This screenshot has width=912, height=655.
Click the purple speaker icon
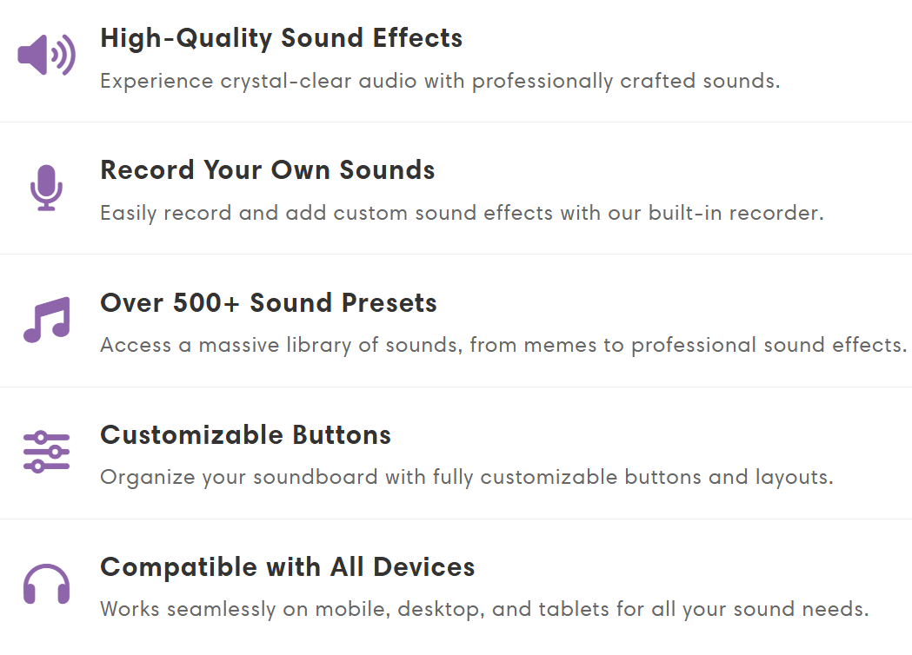pyautogui.click(x=47, y=55)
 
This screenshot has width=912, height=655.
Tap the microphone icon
pyautogui.click(x=47, y=188)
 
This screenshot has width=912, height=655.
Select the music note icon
pyautogui.click(x=47, y=320)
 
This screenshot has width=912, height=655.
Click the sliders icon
pyautogui.click(x=47, y=452)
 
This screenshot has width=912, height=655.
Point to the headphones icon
pyautogui.click(x=47, y=584)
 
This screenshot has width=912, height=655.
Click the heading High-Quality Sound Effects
pyautogui.click(x=282, y=38)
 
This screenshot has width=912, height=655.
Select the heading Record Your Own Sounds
pyautogui.click(x=268, y=170)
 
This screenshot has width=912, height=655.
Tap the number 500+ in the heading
pyautogui.click(x=206, y=303)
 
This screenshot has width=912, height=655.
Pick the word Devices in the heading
pyautogui.click(x=424, y=566)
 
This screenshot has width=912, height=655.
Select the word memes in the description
pyautogui.click(x=560, y=345)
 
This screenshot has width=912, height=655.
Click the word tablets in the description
pyautogui.click(x=574, y=609)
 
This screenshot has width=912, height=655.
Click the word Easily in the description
pyautogui.click(x=129, y=214)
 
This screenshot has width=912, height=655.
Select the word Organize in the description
pyautogui.click(x=148, y=478)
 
